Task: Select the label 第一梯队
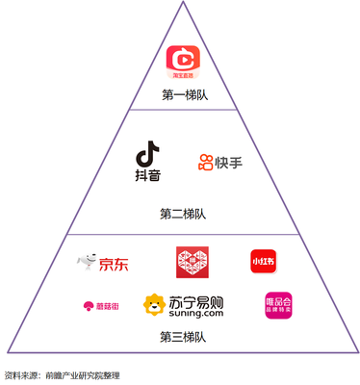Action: click(x=181, y=95)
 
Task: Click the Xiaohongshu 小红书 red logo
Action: click(x=264, y=262)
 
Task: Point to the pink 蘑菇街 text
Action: click(x=109, y=306)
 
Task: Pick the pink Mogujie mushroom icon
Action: click(x=88, y=306)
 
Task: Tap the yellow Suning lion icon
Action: click(x=154, y=306)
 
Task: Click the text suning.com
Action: click(x=199, y=314)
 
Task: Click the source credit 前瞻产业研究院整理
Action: click(x=87, y=374)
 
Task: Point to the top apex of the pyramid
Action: click(x=181, y=3)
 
